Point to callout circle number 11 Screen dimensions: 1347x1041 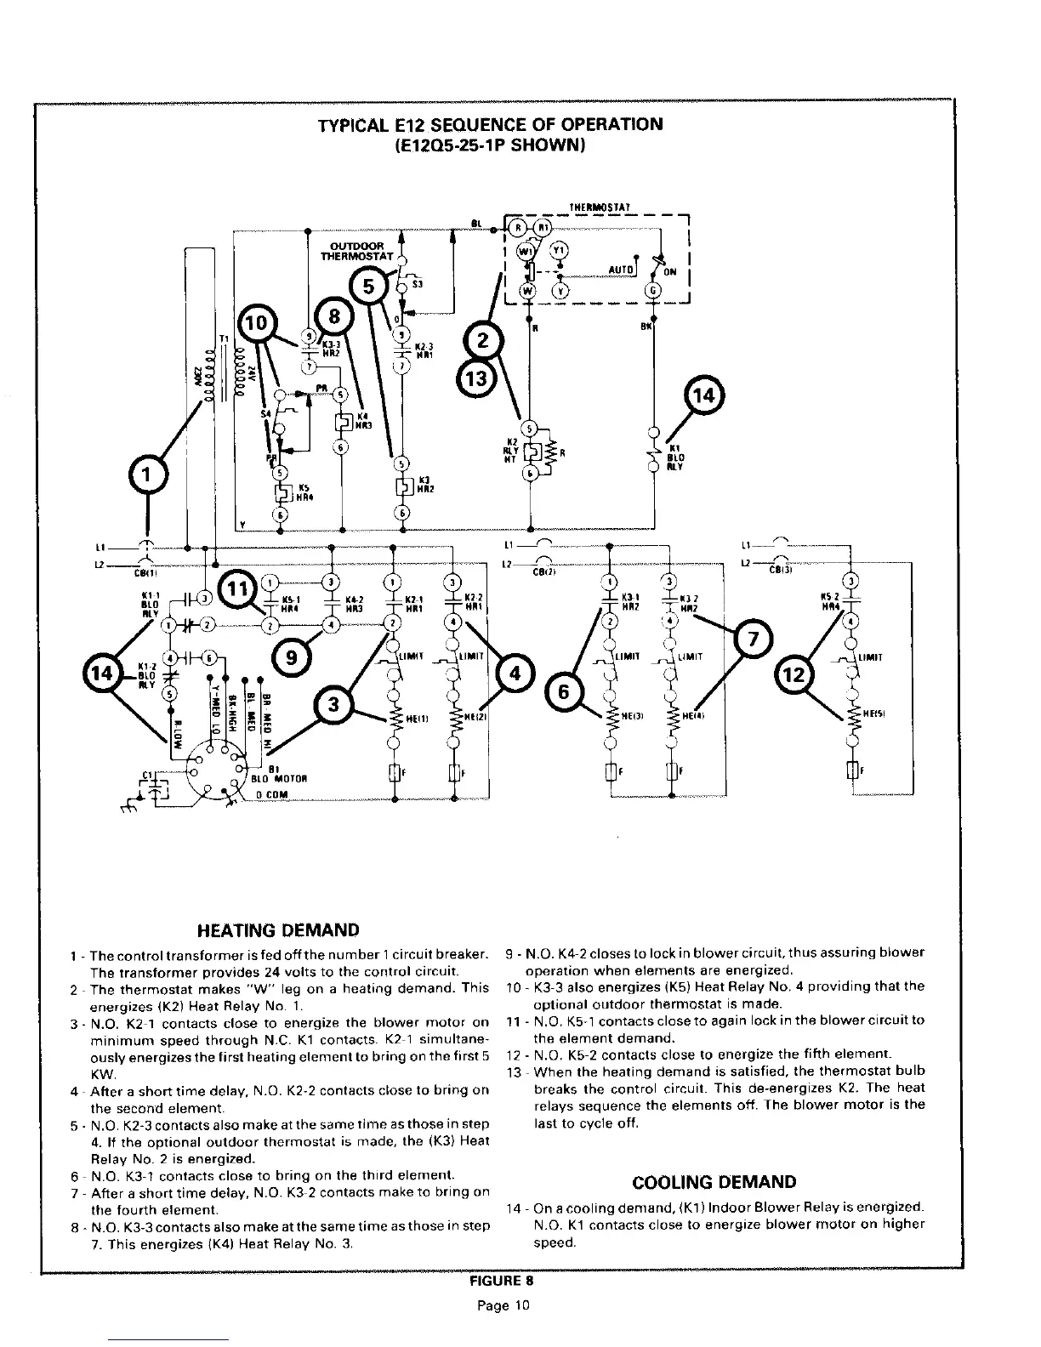pyautogui.click(x=239, y=588)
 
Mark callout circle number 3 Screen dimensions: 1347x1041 pyautogui.click(x=333, y=706)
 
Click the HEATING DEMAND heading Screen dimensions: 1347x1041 pyautogui.click(x=278, y=930)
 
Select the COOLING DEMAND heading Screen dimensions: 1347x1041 pyautogui.click(x=714, y=1182)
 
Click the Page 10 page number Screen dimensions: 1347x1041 pyautogui.click(x=502, y=1305)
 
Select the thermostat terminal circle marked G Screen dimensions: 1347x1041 pyautogui.click(x=653, y=289)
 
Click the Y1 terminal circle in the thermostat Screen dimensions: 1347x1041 pyautogui.click(x=560, y=251)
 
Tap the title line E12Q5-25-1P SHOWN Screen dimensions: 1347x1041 pyautogui.click(x=488, y=145)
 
